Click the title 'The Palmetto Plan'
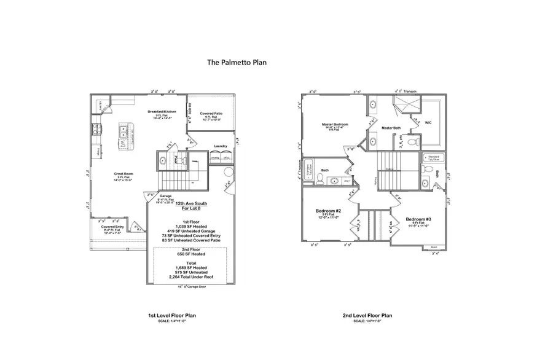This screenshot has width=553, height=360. pyautogui.click(x=237, y=62)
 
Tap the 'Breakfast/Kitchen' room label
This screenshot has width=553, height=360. pyautogui.click(x=162, y=112)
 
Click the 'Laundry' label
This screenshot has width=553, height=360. pyautogui.click(x=221, y=146)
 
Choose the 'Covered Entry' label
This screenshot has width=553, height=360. pyautogui.click(x=113, y=226)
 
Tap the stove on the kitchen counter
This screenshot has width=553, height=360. pyautogui.click(x=96, y=130)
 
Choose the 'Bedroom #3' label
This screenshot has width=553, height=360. pyautogui.click(x=419, y=219)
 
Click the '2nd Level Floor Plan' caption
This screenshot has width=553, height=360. pyautogui.click(x=367, y=316)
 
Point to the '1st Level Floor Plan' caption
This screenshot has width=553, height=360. pyautogui.click(x=172, y=316)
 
